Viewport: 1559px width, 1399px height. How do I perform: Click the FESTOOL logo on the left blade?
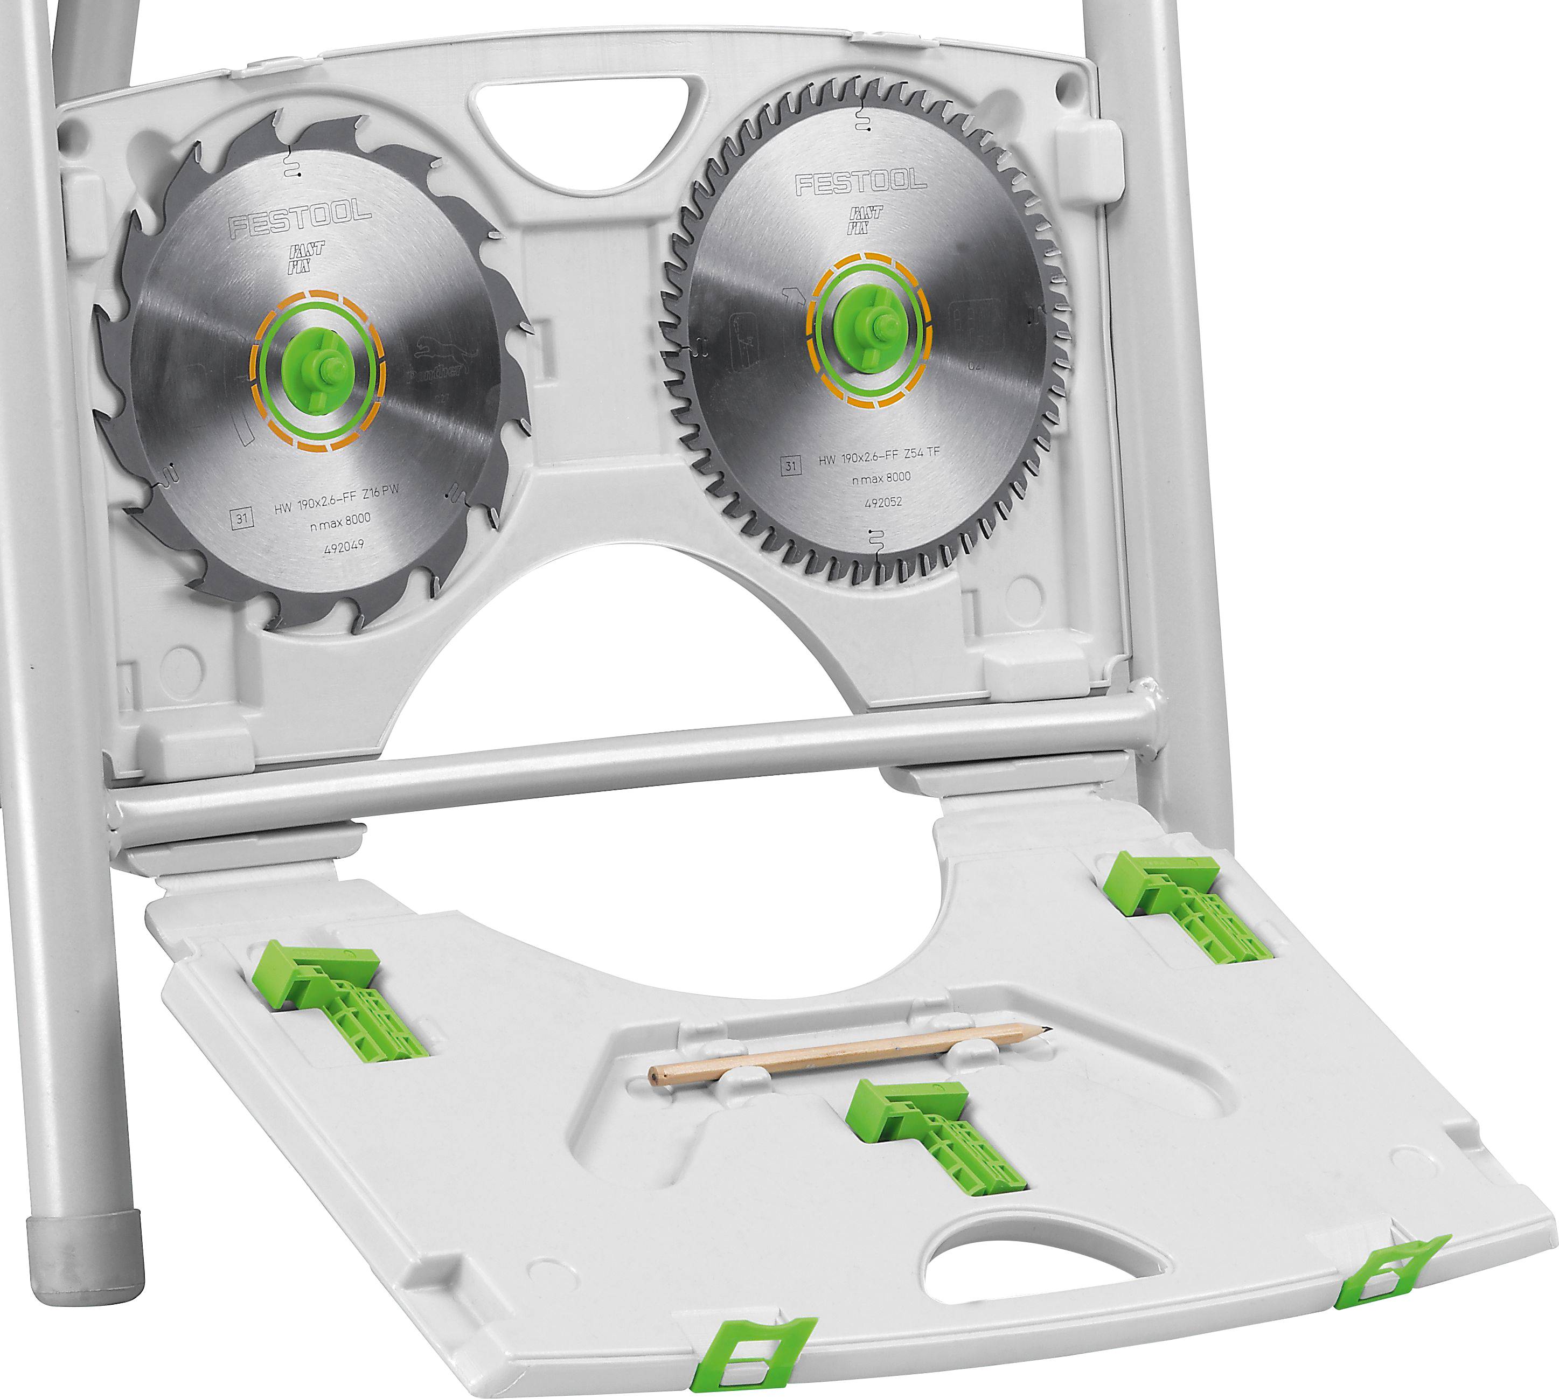click(x=300, y=219)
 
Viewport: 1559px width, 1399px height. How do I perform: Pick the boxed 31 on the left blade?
click(x=242, y=518)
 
